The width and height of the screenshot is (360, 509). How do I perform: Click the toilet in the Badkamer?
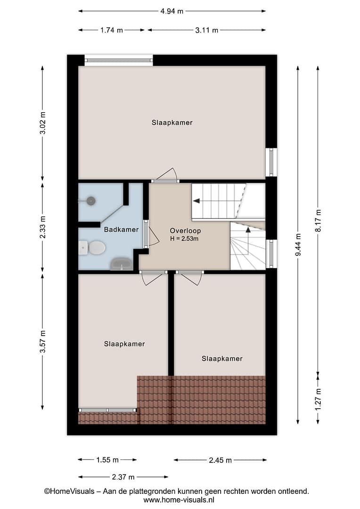pyautogui.click(x=92, y=248)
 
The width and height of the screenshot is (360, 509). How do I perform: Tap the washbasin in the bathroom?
pyautogui.click(x=122, y=264)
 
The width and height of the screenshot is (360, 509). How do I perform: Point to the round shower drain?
pyautogui.click(x=91, y=201)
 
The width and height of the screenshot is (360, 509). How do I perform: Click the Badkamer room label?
pyautogui.click(x=121, y=230)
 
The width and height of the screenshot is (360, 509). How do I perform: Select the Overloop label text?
pyautogui.click(x=185, y=231)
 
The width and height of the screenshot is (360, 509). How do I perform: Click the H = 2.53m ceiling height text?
pyautogui.click(x=184, y=238)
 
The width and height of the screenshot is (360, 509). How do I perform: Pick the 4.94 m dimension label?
pyautogui.click(x=172, y=11)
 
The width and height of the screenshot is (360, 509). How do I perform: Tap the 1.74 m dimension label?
pyautogui.click(x=112, y=30)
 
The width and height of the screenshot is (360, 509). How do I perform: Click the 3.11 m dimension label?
pyautogui.click(x=206, y=30)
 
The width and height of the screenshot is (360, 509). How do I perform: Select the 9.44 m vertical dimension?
pyautogui.click(x=298, y=245)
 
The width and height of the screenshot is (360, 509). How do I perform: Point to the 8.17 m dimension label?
pyautogui.click(x=318, y=221)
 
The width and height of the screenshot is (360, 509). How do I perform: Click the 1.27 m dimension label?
pyautogui.click(x=318, y=399)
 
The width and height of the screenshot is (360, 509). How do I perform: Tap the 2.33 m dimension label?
pyautogui.click(x=42, y=227)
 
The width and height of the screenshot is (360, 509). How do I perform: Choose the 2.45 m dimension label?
pyautogui.click(x=220, y=460)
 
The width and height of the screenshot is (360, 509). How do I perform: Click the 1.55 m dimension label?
pyautogui.click(x=107, y=460)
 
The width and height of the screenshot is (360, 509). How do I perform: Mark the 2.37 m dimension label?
pyautogui.click(x=123, y=477)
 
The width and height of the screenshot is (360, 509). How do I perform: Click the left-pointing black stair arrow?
pyautogui.click(x=196, y=201)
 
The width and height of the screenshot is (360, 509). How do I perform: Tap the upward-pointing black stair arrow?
pyautogui.click(x=248, y=230)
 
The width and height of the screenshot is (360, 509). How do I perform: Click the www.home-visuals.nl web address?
pyautogui.click(x=179, y=500)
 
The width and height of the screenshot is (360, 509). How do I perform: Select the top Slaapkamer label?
pyautogui.click(x=172, y=123)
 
